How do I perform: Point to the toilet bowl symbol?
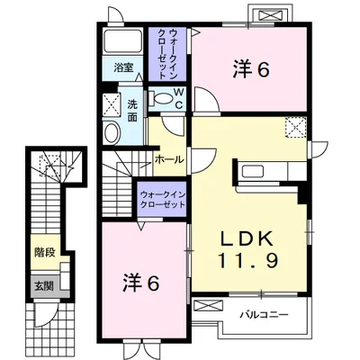click(x=164, y=98)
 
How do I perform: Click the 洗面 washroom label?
click(x=132, y=110)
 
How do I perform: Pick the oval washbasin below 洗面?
click(x=112, y=133)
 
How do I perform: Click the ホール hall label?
click(x=169, y=159)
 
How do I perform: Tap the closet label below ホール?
click(x=162, y=199)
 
